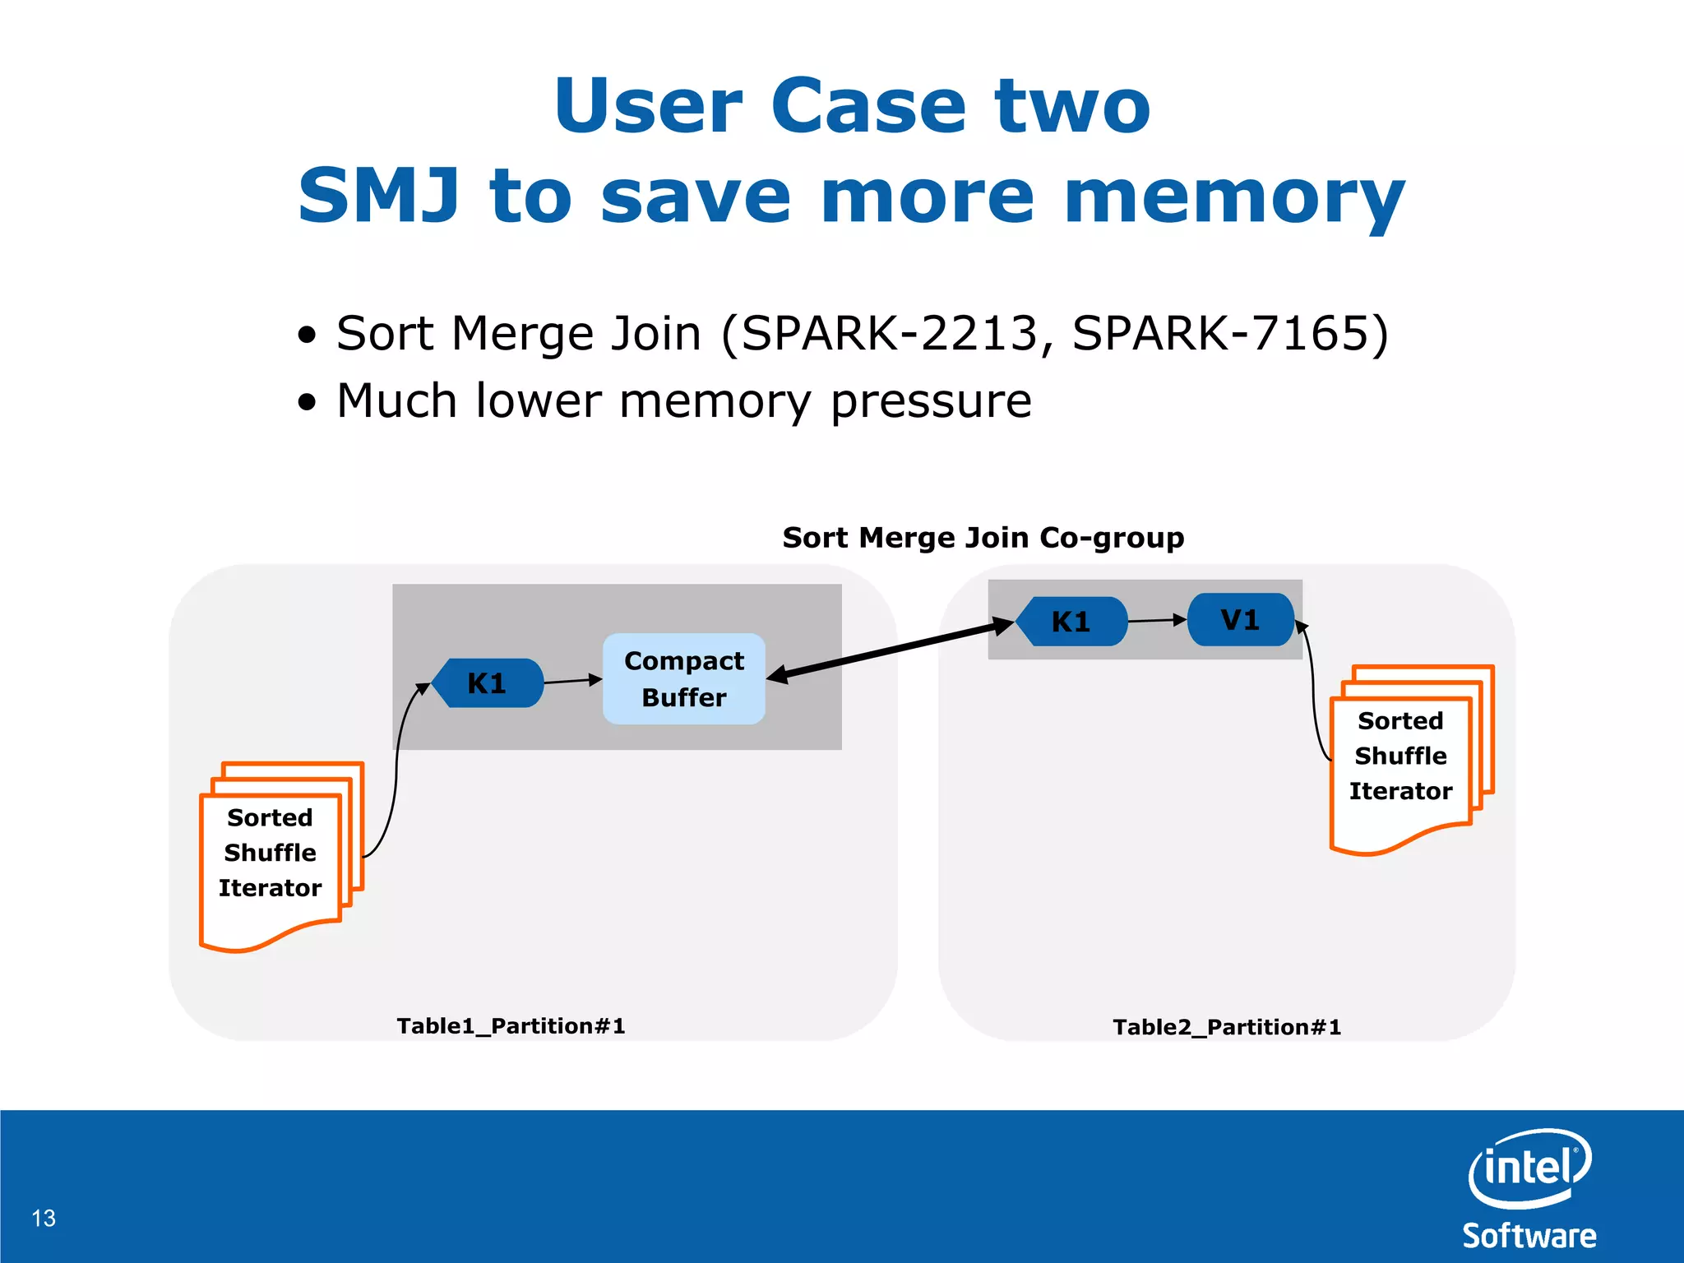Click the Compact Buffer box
pyautogui.click(x=683, y=678)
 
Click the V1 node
pyautogui.click(x=1241, y=619)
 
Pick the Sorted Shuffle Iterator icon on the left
pyautogui.click(x=271, y=855)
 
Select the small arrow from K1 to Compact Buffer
pyautogui.click(x=572, y=681)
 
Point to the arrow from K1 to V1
pyautogui.click(x=1156, y=620)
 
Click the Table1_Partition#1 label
pyautogui.click(x=511, y=1025)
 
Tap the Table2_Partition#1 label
pyautogui.click(x=1227, y=1027)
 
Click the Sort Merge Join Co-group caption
pyautogui.click(x=983, y=537)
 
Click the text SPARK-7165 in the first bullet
pyautogui.click(x=1222, y=333)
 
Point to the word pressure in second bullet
pyautogui.click(x=931, y=401)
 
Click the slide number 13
pyautogui.click(x=44, y=1218)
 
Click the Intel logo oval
pyautogui.click(x=1529, y=1168)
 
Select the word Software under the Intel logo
pyautogui.click(x=1529, y=1236)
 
